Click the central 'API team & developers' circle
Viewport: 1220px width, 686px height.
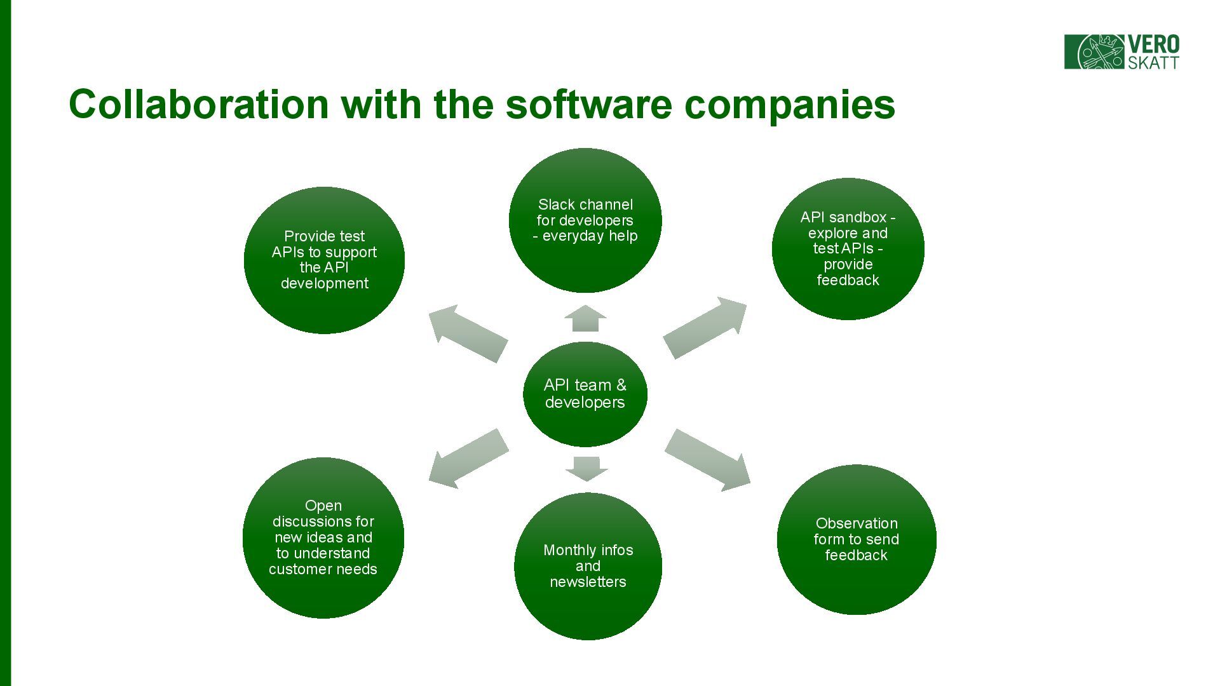pos(585,394)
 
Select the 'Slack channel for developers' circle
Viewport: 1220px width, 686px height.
pos(585,220)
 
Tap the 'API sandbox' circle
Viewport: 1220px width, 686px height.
pos(848,249)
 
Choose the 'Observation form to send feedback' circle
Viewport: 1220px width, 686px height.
pos(856,539)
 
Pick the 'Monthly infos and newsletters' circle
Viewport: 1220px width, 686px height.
pos(588,566)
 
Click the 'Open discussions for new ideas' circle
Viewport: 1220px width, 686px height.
pos(323,537)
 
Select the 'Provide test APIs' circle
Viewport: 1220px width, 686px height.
pos(324,260)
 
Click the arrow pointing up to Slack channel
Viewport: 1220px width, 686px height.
pos(585,319)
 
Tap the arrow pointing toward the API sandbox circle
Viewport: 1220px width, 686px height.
pos(705,326)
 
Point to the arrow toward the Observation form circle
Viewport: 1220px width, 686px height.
pos(707,459)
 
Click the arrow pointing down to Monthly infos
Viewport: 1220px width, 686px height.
pos(586,468)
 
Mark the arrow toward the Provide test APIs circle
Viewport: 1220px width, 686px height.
pos(468,333)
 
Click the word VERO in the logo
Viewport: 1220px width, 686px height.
pos(1153,44)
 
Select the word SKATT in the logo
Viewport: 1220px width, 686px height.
pos(1153,62)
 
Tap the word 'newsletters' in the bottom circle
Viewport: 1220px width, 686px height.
pos(588,582)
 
